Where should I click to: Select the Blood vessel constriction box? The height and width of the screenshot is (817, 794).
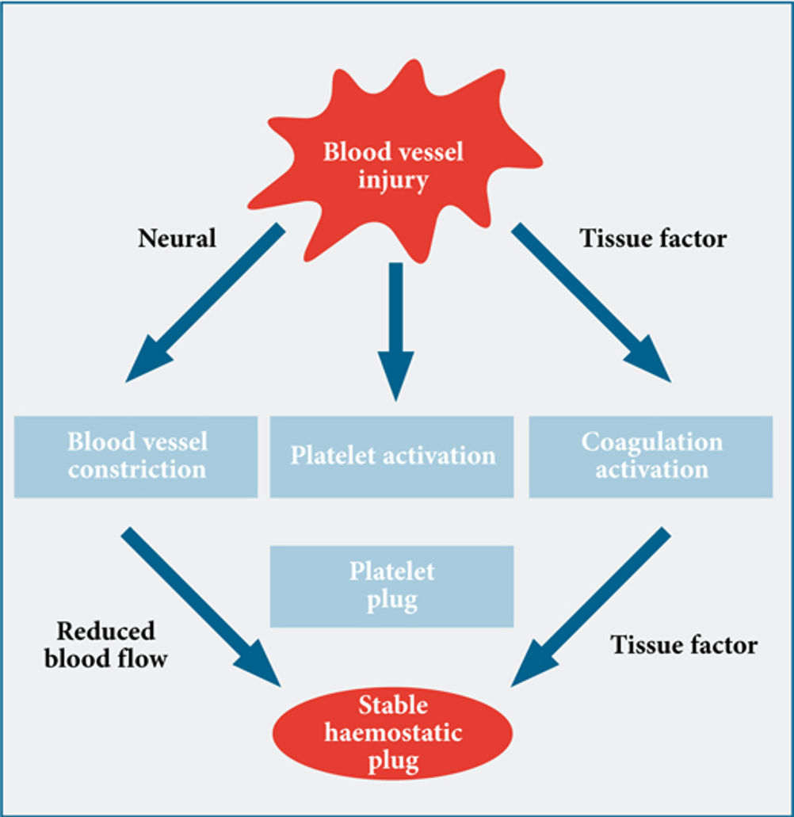(136, 456)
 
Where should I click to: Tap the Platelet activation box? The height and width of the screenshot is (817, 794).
(391, 456)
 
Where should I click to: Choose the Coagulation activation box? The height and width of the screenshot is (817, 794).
(651, 456)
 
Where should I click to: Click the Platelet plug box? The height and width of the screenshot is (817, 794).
(391, 586)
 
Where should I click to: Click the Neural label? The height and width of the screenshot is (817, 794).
(178, 239)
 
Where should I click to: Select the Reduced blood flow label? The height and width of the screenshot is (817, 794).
(105, 645)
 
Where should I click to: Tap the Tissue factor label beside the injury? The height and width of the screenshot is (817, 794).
(653, 239)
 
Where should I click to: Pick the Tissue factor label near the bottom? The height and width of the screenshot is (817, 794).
(684, 645)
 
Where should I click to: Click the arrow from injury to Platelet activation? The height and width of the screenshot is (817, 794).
(396, 332)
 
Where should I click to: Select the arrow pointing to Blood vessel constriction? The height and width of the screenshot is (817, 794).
(204, 303)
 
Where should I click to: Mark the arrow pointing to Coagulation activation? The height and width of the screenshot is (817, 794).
(591, 303)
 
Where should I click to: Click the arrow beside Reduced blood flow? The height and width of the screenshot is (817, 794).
(201, 607)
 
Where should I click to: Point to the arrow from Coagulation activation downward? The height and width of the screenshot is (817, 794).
(591, 607)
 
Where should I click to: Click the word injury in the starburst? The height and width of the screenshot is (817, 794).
(393, 181)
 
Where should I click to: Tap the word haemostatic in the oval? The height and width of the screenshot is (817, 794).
(393, 733)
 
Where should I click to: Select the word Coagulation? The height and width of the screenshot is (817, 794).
(652, 443)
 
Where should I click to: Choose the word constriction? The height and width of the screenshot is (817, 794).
(137, 469)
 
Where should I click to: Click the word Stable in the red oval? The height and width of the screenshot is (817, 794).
(393, 705)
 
